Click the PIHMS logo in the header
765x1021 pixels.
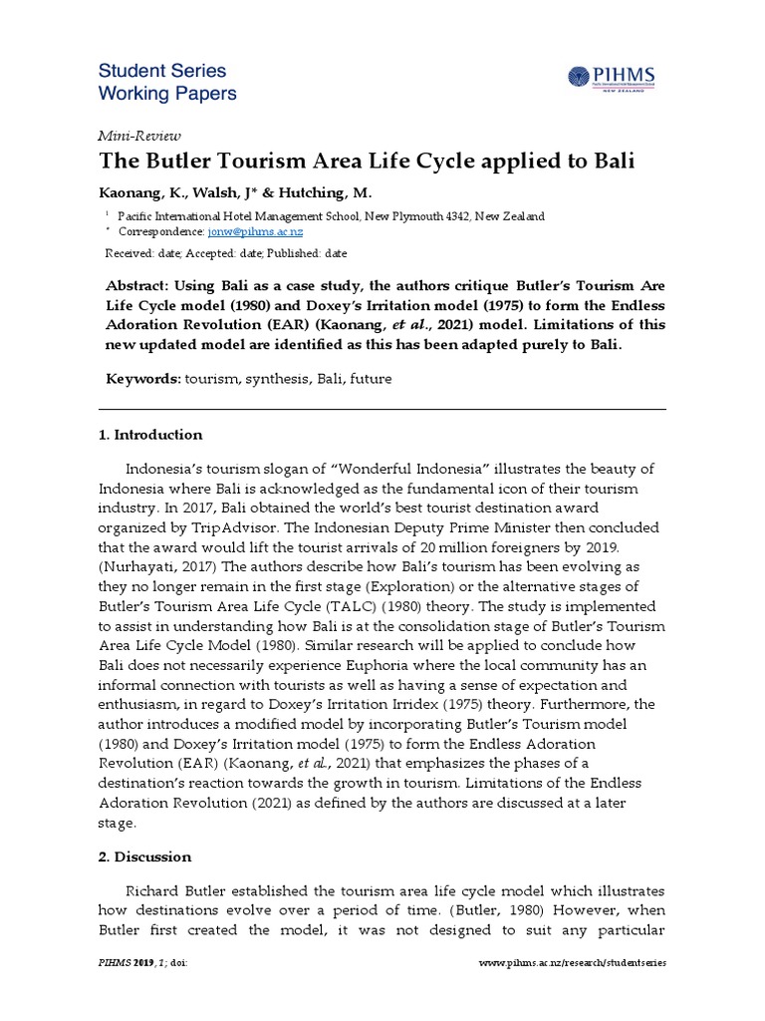point(616,77)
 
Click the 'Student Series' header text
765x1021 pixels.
point(162,71)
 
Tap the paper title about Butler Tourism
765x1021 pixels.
point(366,162)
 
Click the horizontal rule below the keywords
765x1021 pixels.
point(382,409)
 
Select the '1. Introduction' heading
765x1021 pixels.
point(150,435)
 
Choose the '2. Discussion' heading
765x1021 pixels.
point(144,856)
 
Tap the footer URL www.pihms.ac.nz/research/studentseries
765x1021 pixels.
point(572,963)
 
